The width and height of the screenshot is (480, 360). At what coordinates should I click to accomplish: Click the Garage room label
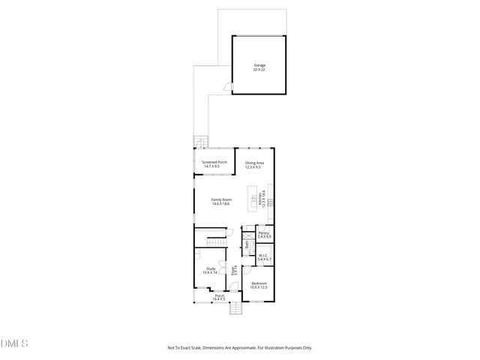[259, 65]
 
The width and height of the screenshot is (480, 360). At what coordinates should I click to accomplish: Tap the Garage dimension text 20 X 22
[259, 70]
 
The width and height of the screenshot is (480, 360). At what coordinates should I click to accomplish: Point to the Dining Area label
[254, 163]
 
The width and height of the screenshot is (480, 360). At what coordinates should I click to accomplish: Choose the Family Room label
[220, 199]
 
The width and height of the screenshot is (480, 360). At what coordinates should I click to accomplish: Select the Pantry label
[264, 233]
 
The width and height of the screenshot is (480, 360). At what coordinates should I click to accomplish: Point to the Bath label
[247, 244]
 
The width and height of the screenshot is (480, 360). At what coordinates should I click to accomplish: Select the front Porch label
[220, 296]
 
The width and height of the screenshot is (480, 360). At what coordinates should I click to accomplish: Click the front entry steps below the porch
[235, 309]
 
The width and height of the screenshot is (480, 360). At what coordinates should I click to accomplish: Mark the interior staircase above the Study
[215, 241]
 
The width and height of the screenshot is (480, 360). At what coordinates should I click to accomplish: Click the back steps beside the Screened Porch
[199, 142]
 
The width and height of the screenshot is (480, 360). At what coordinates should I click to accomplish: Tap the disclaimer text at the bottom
[240, 348]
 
